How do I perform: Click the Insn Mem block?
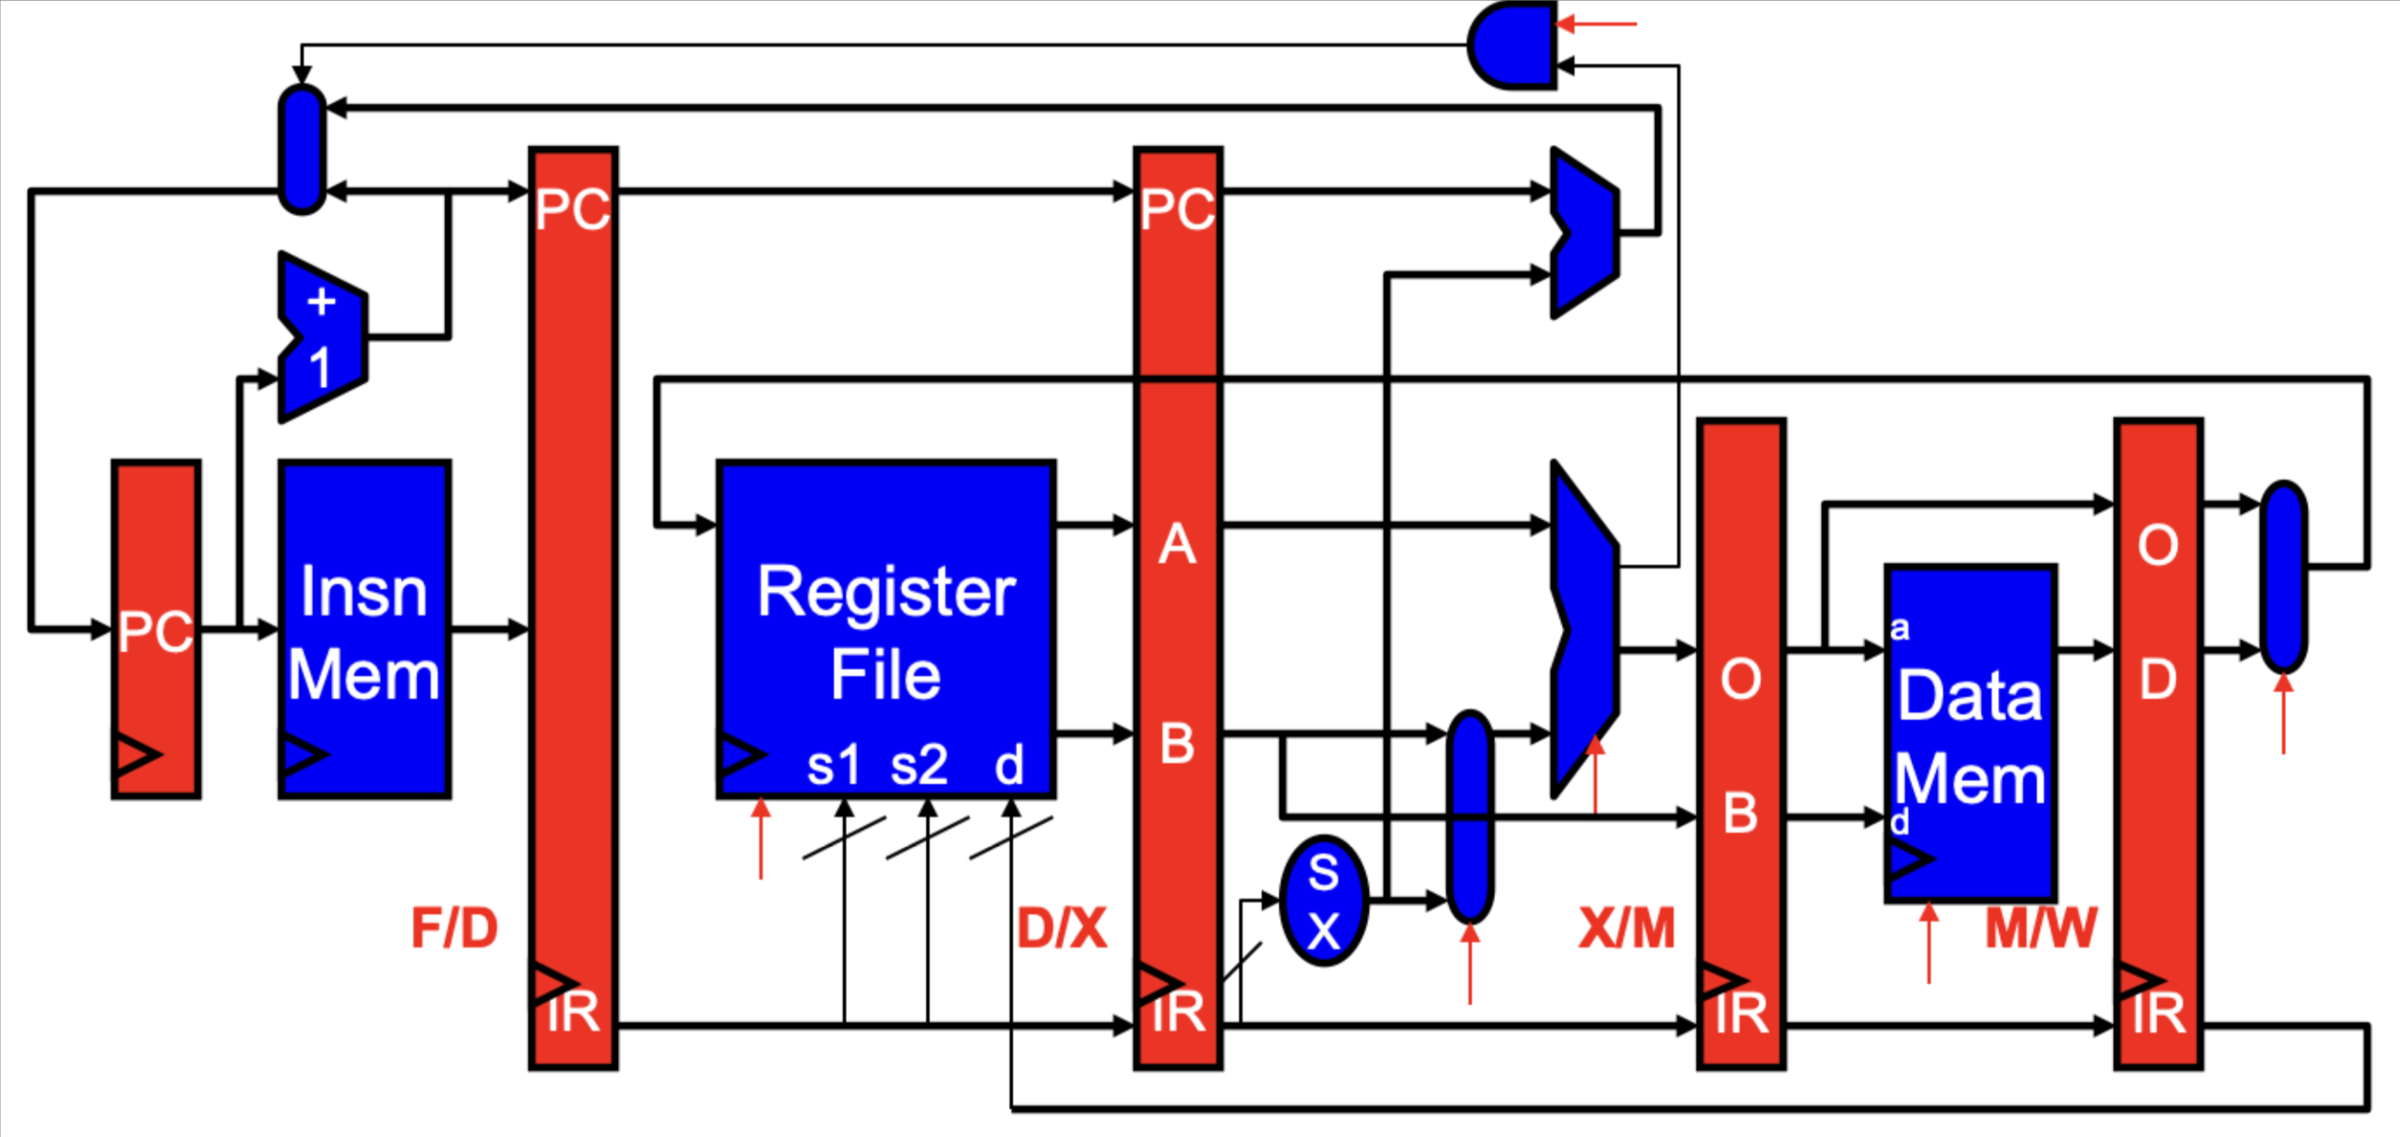tap(365, 629)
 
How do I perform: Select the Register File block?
tap(885, 629)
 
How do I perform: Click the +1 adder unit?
tap(321, 337)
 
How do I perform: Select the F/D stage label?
tap(454, 928)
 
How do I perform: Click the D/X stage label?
tap(1062, 928)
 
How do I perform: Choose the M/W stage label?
tap(2041, 928)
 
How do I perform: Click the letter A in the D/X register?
tap(1176, 544)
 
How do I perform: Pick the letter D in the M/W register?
tap(2157, 680)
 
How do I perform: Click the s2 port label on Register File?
tap(919, 765)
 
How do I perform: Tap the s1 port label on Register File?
tap(833, 765)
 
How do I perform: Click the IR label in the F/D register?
tap(573, 1012)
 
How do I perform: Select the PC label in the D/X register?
tap(1177, 209)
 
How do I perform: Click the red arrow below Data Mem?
tap(1929, 941)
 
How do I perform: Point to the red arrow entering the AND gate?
tap(1597, 24)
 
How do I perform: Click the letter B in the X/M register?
tap(1739, 813)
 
